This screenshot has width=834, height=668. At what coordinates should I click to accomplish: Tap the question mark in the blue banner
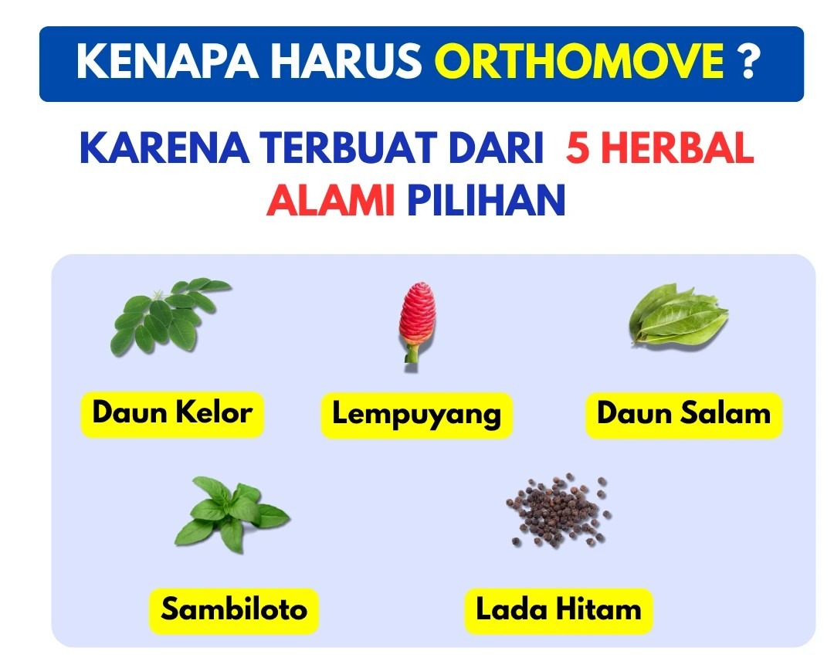748,61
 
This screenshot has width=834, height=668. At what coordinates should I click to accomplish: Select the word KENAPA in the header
167,61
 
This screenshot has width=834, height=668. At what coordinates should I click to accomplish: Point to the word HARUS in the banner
346,61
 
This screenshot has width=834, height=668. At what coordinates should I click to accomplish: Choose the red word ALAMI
331,200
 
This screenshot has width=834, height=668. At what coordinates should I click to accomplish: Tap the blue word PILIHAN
486,200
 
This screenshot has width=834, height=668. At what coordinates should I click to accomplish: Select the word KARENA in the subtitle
164,148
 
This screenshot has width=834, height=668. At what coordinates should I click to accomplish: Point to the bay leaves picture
678,315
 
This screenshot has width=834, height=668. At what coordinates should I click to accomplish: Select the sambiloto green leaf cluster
232,514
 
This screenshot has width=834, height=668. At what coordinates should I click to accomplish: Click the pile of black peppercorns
558,510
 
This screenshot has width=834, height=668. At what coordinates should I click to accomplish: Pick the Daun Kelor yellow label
172,414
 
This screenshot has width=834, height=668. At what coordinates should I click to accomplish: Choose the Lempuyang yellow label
417,415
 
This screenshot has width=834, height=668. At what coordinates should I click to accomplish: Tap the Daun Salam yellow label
684,415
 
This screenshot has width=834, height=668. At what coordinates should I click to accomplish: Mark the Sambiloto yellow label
234,611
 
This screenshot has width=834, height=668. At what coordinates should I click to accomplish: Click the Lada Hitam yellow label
558,611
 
